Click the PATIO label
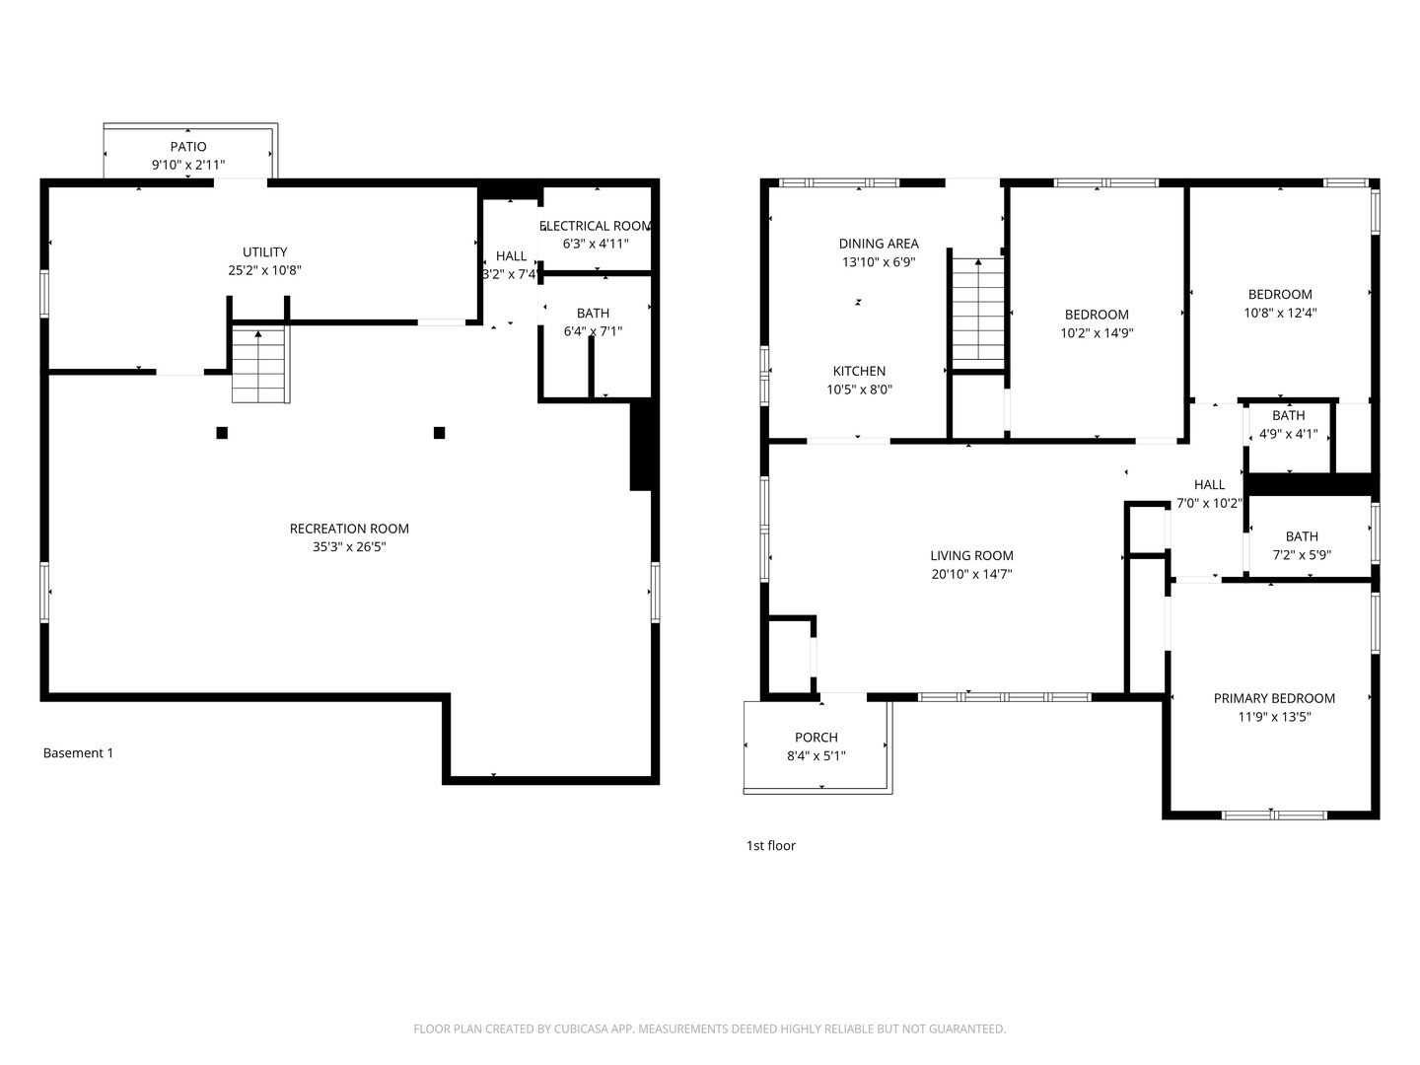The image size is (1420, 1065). tap(187, 147)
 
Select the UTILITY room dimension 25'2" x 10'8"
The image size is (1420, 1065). tap(264, 270)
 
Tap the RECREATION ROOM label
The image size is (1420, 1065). tap(349, 529)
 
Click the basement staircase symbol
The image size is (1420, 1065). tap(260, 365)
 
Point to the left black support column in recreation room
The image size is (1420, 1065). tap(222, 433)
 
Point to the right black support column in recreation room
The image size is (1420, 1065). tap(439, 433)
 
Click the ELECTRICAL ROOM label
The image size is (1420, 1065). tap(597, 226)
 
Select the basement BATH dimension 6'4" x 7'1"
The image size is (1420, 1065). tap(593, 332)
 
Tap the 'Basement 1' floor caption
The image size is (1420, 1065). tap(78, 753)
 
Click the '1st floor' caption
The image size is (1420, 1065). tap(770, 846)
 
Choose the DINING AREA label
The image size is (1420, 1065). tap(879, 244)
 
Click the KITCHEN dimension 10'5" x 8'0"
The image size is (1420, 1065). tap(859, 390)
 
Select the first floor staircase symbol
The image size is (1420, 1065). tap(977, 309)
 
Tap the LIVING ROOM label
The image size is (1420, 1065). tap(971, 556)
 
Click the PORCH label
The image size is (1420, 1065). tap(816, 738)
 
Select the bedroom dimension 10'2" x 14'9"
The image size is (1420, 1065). tap(1097, 333)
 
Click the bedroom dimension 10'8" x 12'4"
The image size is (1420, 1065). tap(1280, 313)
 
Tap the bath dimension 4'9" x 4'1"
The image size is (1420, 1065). tap(1288, 433)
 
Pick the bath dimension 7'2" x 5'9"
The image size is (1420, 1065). tap(1302, 555)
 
